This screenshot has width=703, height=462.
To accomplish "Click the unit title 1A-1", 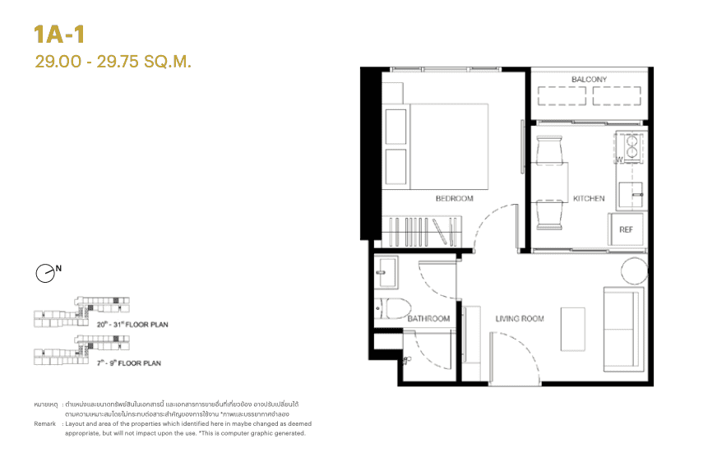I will [x=60, y=34].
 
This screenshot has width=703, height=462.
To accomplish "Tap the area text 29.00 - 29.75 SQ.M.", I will [x=113, y=61].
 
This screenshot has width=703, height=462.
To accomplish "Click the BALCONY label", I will [x=589, y=80].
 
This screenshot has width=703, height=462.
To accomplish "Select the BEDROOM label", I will [x=455, y=198].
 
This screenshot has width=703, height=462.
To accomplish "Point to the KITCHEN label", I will [x=589, y=198].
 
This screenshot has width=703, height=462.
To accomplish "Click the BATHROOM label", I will [x=428, y=318].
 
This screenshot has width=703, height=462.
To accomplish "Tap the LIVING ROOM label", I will [x=519, y=318].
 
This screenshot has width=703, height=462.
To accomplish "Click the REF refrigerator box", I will [x=626, y=229].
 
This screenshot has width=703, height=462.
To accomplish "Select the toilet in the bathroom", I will [x=396, y=309].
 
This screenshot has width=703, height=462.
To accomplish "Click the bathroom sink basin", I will [x=386, y=272].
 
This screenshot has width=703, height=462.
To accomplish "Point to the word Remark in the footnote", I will [x=45, y=423].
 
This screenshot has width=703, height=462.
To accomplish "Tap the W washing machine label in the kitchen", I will [x=619, y=157].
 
